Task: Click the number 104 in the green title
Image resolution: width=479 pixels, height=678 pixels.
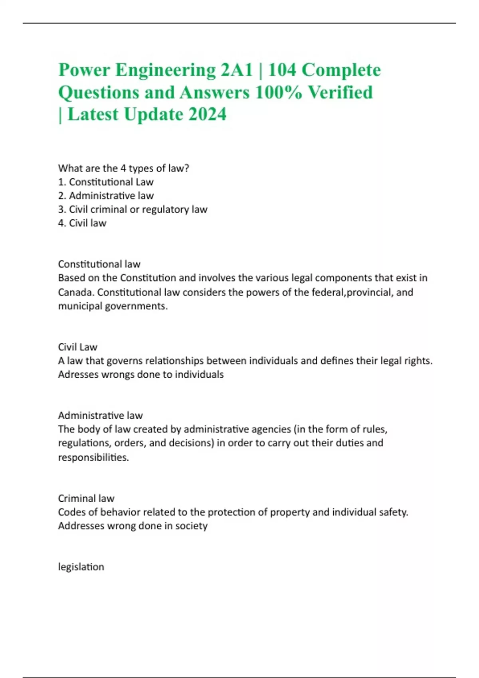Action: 282,70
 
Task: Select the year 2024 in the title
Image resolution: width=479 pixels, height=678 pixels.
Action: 207,114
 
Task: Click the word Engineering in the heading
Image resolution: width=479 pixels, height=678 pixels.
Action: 165,70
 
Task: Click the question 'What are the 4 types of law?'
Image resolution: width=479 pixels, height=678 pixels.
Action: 123,168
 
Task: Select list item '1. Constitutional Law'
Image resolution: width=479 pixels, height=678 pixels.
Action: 106,182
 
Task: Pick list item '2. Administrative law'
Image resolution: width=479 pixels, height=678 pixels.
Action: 106,195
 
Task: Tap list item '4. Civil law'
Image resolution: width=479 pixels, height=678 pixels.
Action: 82,223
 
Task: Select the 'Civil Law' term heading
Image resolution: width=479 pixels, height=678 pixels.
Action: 77,347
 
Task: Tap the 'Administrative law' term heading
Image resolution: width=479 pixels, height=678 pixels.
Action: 100,416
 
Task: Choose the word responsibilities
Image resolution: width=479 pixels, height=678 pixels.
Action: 93,457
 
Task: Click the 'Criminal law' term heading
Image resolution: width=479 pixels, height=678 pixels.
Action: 86,499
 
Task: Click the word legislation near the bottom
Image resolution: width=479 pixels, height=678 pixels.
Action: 81,567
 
